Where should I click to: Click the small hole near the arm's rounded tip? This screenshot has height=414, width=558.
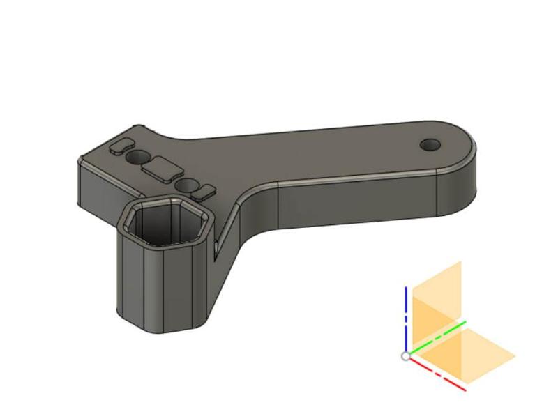430,144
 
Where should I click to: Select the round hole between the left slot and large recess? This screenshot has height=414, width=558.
142,155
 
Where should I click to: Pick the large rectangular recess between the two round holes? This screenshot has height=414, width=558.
160,168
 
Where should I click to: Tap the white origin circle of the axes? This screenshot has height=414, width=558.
406,356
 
